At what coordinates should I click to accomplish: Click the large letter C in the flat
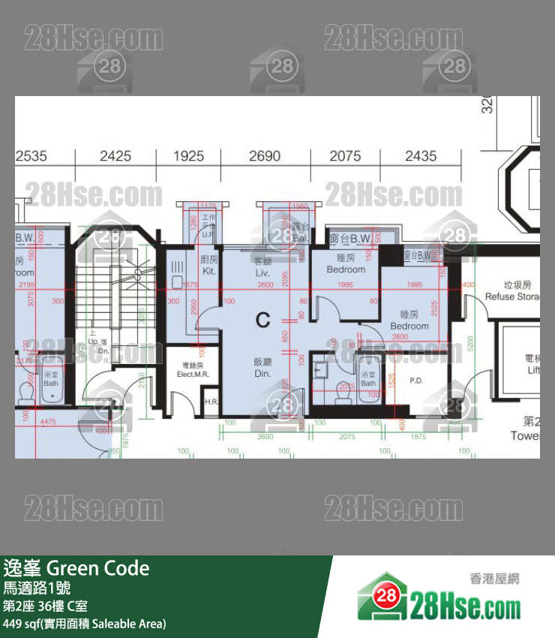pos(262,321)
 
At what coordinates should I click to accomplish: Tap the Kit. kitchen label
pos(209,264)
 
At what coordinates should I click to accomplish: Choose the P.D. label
pos(416,381)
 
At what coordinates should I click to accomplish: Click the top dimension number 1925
pos(188,156)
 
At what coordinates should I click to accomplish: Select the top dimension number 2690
pos(265,156)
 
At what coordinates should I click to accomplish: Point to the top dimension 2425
pos(115,156)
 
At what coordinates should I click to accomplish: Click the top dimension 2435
pos(421,156)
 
